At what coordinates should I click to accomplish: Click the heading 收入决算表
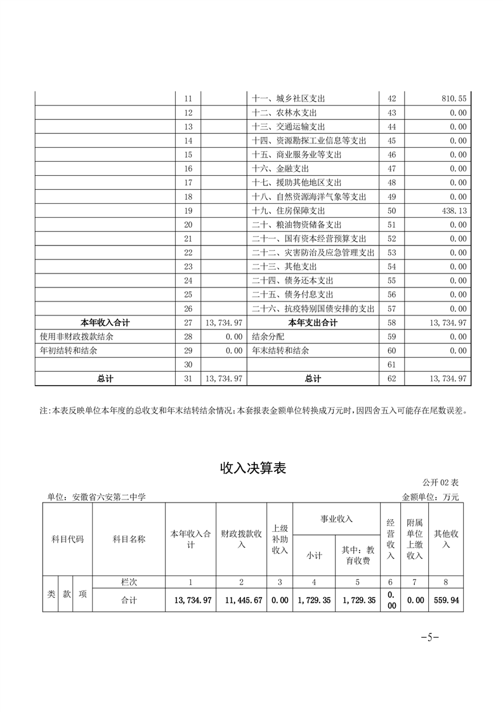252,468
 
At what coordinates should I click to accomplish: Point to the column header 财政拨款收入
241,539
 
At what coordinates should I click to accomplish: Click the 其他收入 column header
445,539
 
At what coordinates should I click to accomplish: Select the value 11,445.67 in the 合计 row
241,600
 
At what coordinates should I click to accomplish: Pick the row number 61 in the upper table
391,364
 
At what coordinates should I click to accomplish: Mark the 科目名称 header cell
129,539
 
